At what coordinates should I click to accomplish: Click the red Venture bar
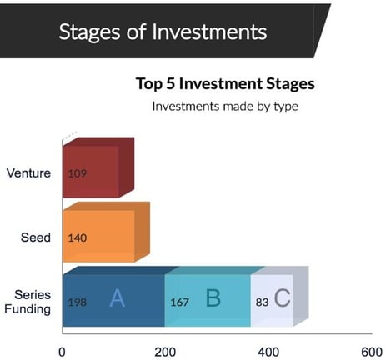98,167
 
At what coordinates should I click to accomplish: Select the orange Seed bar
106,232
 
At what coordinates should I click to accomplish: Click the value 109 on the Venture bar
78,173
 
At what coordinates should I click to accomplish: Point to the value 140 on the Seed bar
78,238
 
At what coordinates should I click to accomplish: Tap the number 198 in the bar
78,302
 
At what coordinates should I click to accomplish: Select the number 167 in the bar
179,302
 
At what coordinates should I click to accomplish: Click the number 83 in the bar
262,302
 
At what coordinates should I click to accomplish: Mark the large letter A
118,297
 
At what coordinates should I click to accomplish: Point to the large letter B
213,297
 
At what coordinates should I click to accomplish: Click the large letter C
283,297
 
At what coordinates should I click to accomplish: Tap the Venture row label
28,172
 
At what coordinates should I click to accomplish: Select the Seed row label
36,237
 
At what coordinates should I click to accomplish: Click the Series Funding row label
28,302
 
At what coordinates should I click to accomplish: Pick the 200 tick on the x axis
165,352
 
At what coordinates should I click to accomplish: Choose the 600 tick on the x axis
372,352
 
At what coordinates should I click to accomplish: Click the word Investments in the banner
209,32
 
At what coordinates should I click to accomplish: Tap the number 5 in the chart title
170,83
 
